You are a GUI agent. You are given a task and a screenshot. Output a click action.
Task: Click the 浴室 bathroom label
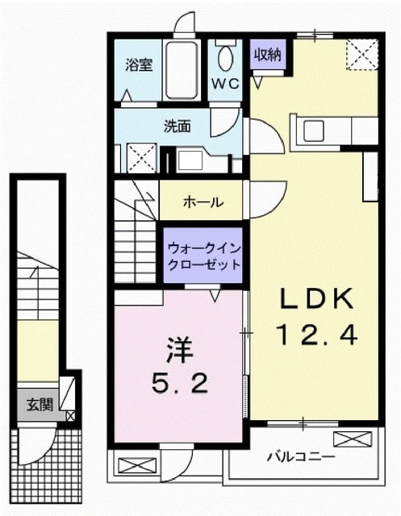[139, 65]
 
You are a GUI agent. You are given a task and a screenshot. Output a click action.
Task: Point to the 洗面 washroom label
[178, 126]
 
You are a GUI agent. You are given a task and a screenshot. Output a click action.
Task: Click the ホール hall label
[203, 202]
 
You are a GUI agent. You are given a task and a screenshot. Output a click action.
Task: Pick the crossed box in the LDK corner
[361, 55]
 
